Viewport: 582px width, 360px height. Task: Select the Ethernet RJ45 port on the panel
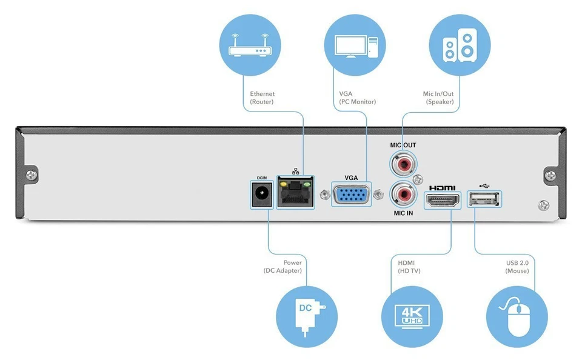(x=295, y=193)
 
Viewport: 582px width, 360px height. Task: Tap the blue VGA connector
(x=351, y=195)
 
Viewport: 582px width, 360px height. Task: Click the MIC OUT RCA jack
(x=403, y=164)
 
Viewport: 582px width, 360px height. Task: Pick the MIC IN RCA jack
(x=403, y=195)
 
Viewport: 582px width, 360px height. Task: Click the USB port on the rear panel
(x=484, y=199)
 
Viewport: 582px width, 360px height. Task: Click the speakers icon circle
(x=459, y=45)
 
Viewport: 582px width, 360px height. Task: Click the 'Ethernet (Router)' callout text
(x=262, y=98)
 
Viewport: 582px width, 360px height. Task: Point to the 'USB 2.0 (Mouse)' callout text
(x=517, y=267)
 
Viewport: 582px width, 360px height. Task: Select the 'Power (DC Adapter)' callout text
(x=283, y=267)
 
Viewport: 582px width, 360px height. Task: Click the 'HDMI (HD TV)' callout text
(x=409, y=267)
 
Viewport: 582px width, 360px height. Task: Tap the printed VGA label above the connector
(x=351, y=178)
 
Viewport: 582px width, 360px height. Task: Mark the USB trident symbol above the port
(x=484, y=186)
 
